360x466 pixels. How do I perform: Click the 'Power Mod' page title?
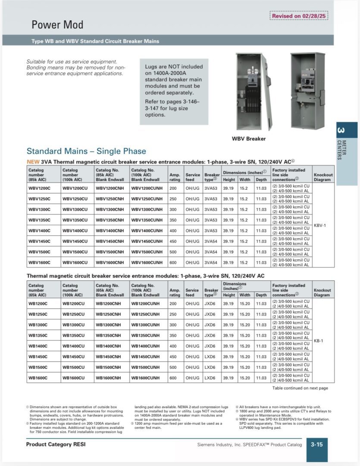(x=57, y=25)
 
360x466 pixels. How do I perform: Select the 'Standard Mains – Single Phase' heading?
(x=86, y=151)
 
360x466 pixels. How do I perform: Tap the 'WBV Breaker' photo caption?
(x=249, y=139)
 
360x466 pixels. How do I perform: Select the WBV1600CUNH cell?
(x=147, y=262)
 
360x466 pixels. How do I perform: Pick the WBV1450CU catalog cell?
(x=75, y=241)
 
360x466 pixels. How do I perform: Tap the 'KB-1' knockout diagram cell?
(x=319, y=341)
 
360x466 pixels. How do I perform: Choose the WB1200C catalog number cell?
(x=38, y=304)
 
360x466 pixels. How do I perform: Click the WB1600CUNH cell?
(x=145, y=378)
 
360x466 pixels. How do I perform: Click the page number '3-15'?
(x=317, y=444)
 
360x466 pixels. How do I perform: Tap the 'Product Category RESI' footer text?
(x=56, y=444)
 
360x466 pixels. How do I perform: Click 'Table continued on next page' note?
(x=300, y=388)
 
